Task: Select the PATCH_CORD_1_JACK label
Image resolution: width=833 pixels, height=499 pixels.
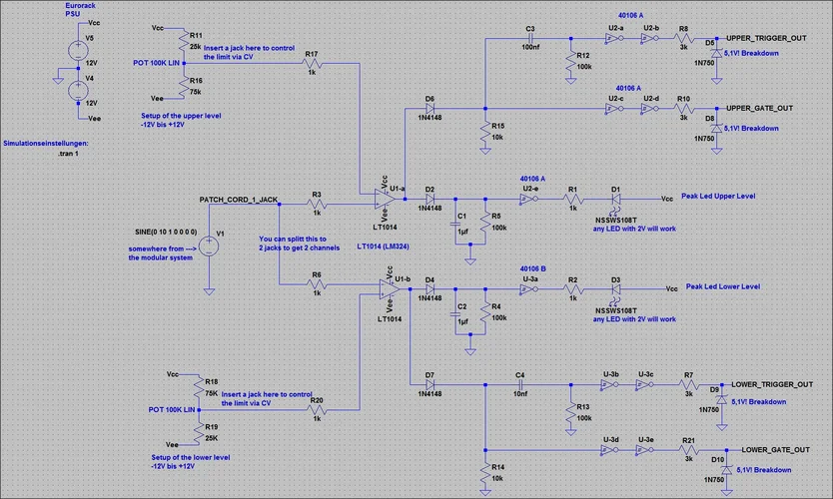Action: coord(239,200)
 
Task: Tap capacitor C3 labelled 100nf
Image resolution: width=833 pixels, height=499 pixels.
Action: coord(529,39)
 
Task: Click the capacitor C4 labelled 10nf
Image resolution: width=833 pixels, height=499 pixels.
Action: coord(519,384)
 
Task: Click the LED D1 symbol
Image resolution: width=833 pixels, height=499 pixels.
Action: coord(616,199)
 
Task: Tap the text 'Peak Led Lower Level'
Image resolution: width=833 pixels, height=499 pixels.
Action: coord(723,286)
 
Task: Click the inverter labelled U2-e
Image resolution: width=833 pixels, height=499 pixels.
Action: coord(528,199)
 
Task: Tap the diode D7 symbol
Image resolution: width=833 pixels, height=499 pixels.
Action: coord(429,384)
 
